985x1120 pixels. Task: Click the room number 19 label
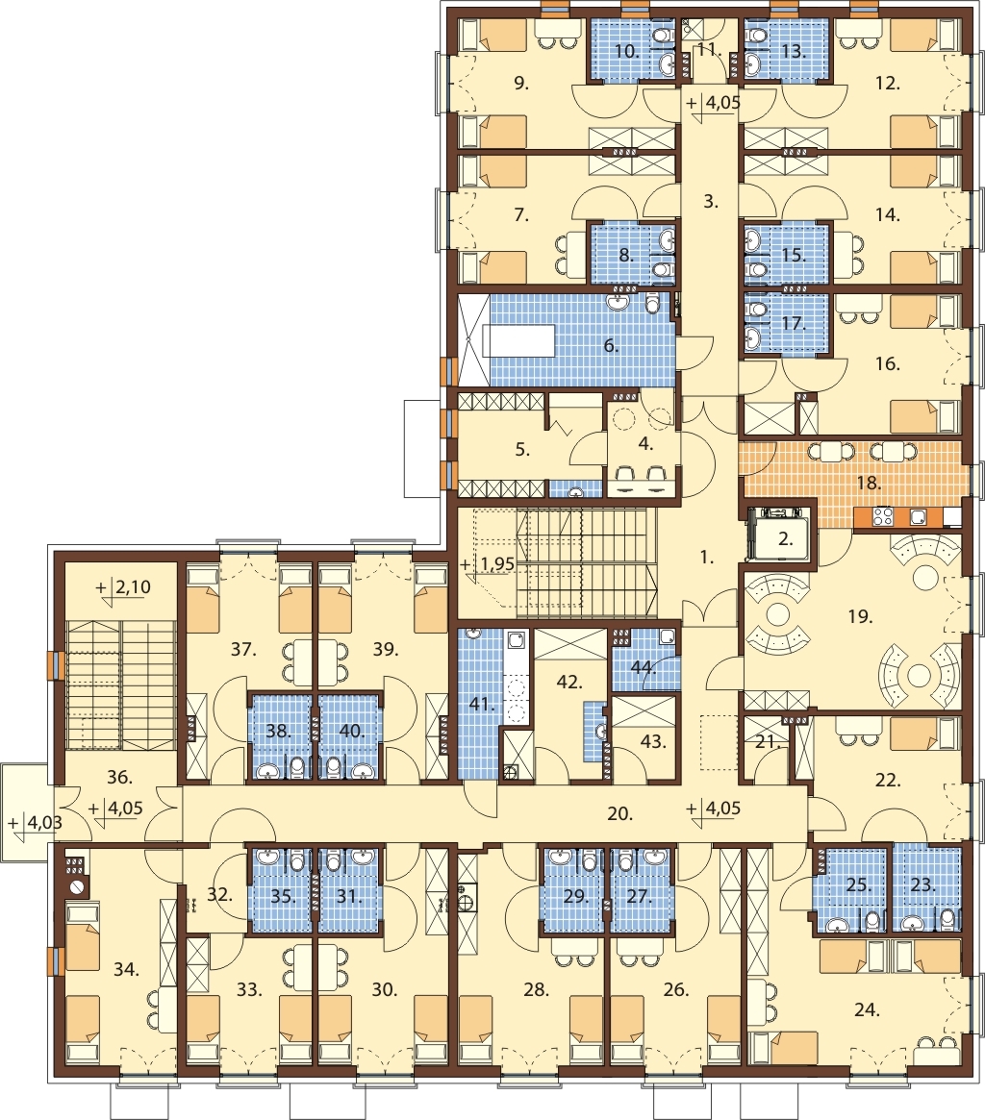tap(860, 615)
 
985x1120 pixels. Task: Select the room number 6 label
tap(611, 346)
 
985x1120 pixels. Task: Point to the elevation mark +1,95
tap(488, 564)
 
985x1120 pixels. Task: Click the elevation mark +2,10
tap(124, 587)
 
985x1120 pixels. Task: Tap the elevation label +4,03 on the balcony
tap(36, 823)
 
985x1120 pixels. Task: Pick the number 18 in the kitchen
tap(869, 483)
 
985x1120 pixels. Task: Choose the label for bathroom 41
tap(483, 705)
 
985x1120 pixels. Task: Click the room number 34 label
tap(127, 969)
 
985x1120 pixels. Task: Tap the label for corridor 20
tap(620, 813)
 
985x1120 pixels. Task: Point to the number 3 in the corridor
tap(710, 202)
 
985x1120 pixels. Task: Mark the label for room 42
tap(568, 683)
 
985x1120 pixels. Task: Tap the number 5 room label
tap(522, 449)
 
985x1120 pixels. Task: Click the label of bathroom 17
tap(792, 324)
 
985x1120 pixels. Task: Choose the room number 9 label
tap(521, 84)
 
